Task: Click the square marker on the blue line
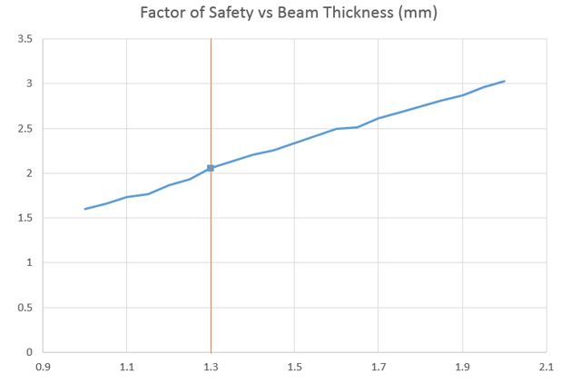tap(211, 168)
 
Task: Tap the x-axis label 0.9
tap(42, 368)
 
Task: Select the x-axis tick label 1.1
tap(126, 368)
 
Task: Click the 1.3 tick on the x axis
tap(211, 368)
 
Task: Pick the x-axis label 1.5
tap(294, 368)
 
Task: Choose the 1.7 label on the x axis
tap(378, 368)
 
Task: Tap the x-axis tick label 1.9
tap(462, 368)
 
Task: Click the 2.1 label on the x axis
tap(546, 368)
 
